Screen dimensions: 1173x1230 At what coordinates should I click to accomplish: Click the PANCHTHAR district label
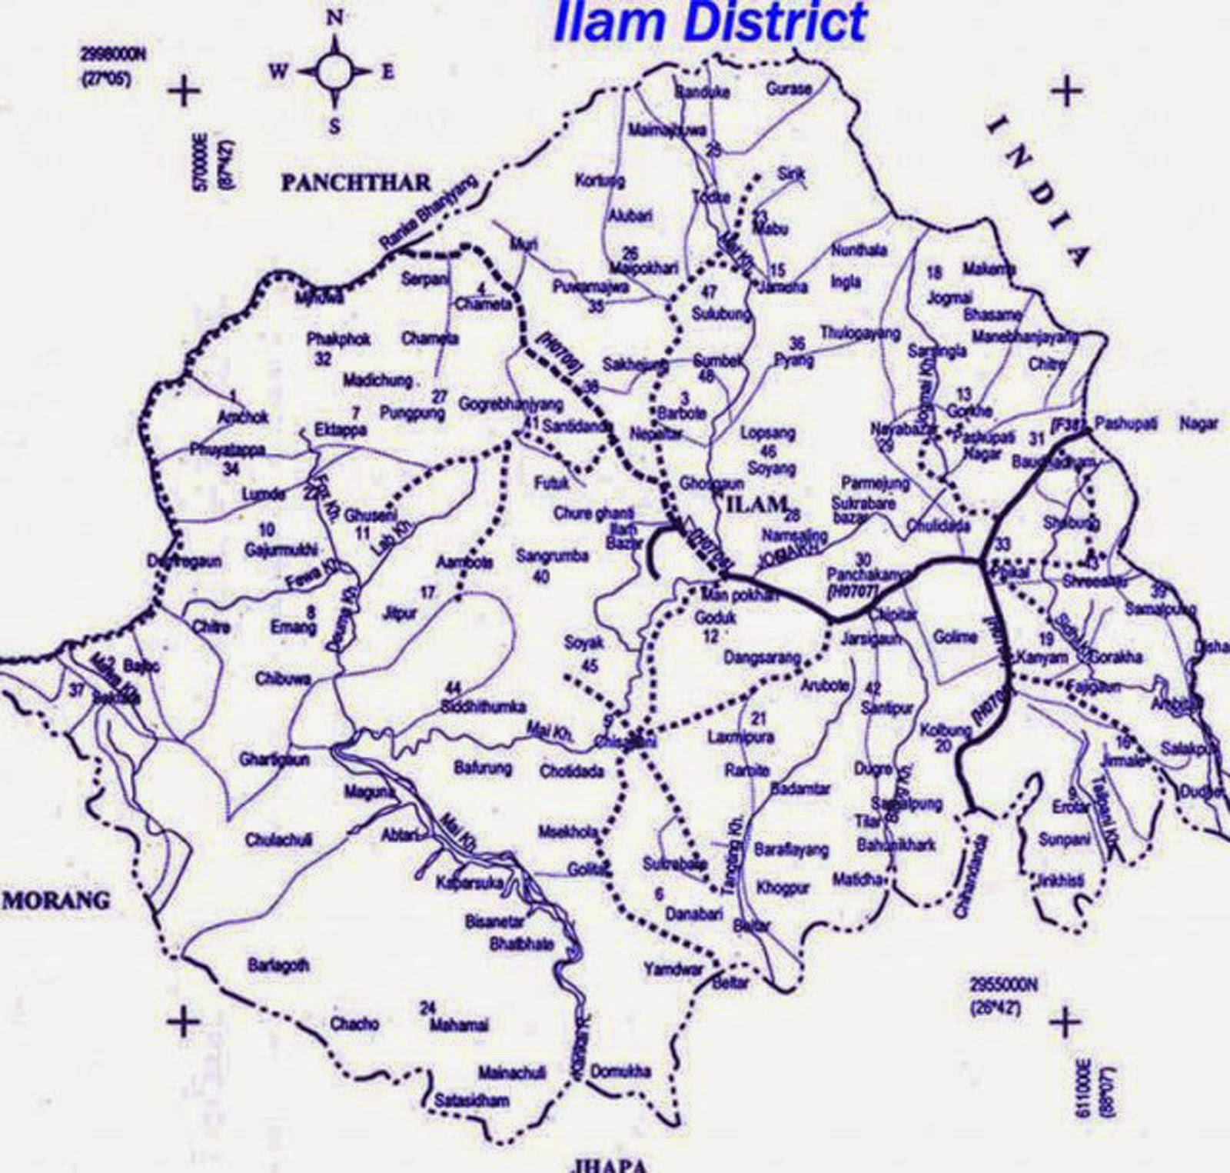click(x=356, y=183)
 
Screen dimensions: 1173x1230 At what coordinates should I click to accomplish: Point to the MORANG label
click(x=57, y=899)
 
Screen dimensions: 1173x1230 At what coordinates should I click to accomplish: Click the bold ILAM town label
click(x=754, y=505)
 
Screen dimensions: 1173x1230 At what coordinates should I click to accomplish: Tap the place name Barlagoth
click(x=278, y=965)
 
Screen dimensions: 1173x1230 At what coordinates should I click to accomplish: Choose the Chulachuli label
click(x=278, y=840)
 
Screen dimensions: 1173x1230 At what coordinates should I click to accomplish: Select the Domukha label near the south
click(x=620, y=1071)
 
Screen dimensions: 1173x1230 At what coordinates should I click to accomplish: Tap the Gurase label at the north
click(x=788, y=89)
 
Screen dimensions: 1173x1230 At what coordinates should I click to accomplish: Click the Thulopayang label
click(x=859, y=333)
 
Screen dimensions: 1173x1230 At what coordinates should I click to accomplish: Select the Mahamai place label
click(x=459, y=1025)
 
